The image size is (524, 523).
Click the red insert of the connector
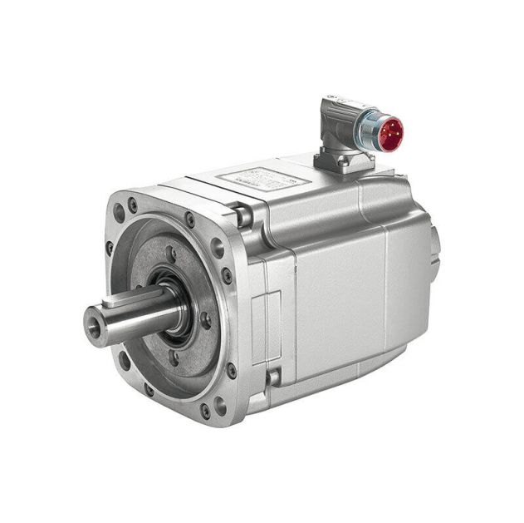389,132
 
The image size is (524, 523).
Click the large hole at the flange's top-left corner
120,213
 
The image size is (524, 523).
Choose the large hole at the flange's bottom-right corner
218,407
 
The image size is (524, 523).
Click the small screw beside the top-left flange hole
133,202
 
